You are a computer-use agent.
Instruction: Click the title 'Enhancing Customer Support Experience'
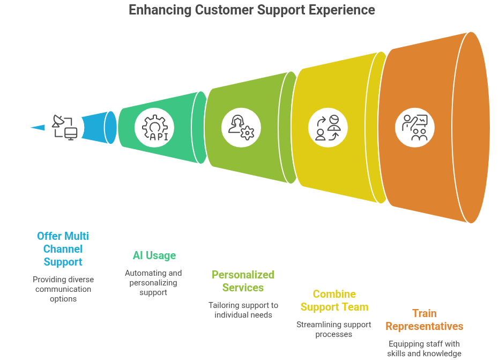click(251, 10)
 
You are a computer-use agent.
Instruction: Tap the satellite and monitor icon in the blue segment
click(63, 128)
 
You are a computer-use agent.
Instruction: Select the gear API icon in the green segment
click(154, 128)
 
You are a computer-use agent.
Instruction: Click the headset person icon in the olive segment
click(241, 128)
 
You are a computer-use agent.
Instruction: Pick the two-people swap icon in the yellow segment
click(327, 128)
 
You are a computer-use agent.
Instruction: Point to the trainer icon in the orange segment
click(414, 127)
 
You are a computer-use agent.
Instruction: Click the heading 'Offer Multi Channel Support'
click(63, 249)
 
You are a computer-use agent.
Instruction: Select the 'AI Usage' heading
click(154, 255)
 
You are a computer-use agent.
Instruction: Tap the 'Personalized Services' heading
click(243, 281)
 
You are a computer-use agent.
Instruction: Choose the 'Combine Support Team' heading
click(334, 300)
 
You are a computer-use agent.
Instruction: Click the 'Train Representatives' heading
click(424, 320)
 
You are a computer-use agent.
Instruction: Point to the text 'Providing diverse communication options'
click(63, 289)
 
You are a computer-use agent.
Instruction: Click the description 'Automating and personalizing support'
click(153, 283)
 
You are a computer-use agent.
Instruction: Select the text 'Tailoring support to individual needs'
click(243, 310)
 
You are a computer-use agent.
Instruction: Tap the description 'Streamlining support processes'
click(334, 329)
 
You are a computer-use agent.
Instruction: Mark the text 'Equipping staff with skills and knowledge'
click(424, 349)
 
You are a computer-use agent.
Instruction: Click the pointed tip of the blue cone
click(29, 128)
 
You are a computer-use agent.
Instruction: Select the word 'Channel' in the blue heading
click(63, 249)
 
